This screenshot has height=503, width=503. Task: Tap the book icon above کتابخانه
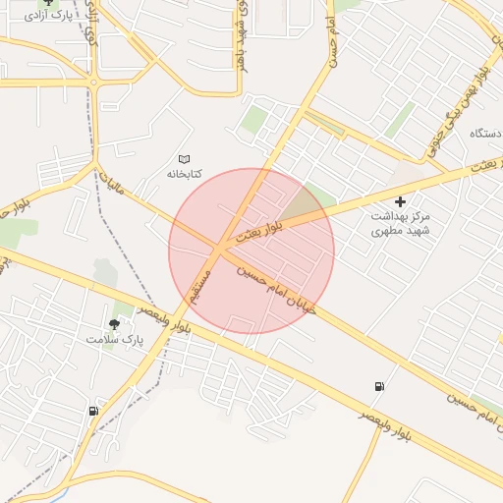(x=184, y=158)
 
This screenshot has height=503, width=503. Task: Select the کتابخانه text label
(x=184, y=174)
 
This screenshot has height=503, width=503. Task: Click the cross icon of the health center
(x=399, y=201)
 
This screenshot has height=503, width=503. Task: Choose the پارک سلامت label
(x=114, y=339)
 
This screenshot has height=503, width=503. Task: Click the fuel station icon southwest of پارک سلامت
(x=93, y=411)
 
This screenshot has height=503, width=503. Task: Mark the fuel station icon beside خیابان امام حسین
(x=379, y=386)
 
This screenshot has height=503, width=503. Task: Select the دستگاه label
(x=486, y=132)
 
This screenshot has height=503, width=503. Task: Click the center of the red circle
(x=251, y=251)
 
